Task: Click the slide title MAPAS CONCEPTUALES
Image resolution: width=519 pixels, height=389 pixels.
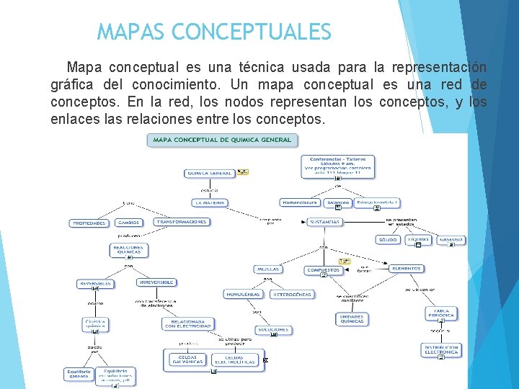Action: click(214, 32)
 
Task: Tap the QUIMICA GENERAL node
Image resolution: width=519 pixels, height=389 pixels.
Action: click(209, 173)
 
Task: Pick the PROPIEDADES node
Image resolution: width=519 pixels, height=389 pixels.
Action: click(89, 223)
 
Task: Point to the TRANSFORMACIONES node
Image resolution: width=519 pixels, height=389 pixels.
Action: click(182, 222)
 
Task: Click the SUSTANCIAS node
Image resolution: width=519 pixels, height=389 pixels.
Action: click(326, 222)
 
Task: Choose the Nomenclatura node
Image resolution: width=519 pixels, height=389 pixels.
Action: click(299, 202)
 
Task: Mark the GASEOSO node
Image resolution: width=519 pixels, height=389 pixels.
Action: click(451, 239)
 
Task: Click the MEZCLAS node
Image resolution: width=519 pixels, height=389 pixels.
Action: click(267, 269)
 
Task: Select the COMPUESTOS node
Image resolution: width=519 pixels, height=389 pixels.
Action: click(323, 270)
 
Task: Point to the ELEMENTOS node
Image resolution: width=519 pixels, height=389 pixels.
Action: click(407, 268)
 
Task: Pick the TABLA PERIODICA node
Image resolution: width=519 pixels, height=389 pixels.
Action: click(442, 313)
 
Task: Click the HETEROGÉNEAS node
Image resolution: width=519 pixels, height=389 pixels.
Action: click(292, 294)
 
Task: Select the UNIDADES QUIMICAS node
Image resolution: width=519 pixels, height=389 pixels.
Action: click(352, 318)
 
